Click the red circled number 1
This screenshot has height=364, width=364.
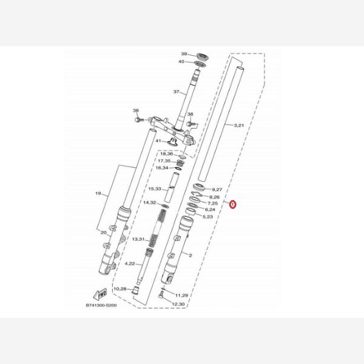click(x=234, y=205)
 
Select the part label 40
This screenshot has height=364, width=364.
click(x=182, y=62)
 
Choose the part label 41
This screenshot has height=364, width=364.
click(x=157, y=141)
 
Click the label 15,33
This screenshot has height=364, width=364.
click(x=155, y=189)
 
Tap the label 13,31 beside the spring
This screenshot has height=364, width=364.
click(x=138, y=240)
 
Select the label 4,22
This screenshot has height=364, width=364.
click(x=130, y=263)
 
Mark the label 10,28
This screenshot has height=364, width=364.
click(x=121, y=289)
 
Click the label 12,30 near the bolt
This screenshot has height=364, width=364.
click(x=178, y=303)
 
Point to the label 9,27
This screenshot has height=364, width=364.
click(x=217, y=189)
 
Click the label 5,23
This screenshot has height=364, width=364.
click(x=207, y=217)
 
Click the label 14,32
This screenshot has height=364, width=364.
click(x=150, y=203)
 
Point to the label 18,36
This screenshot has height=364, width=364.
click(x=165, y=155)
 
